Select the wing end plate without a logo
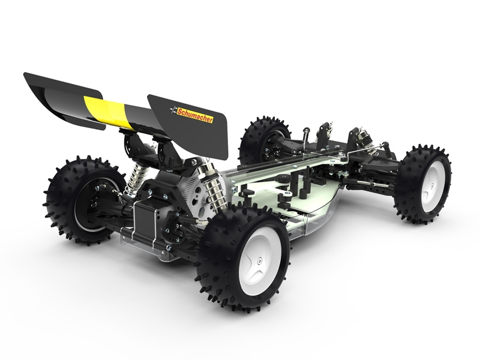pyautogui.click(x=64, y=99)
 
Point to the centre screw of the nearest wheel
pyautogui.click(x=260, y=260)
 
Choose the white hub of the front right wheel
pyautogui.click(x=432, y=186)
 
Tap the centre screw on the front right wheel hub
pyautogui.click(x=431, y=185)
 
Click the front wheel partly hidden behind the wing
pyautogui.click(x=265, y=139)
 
